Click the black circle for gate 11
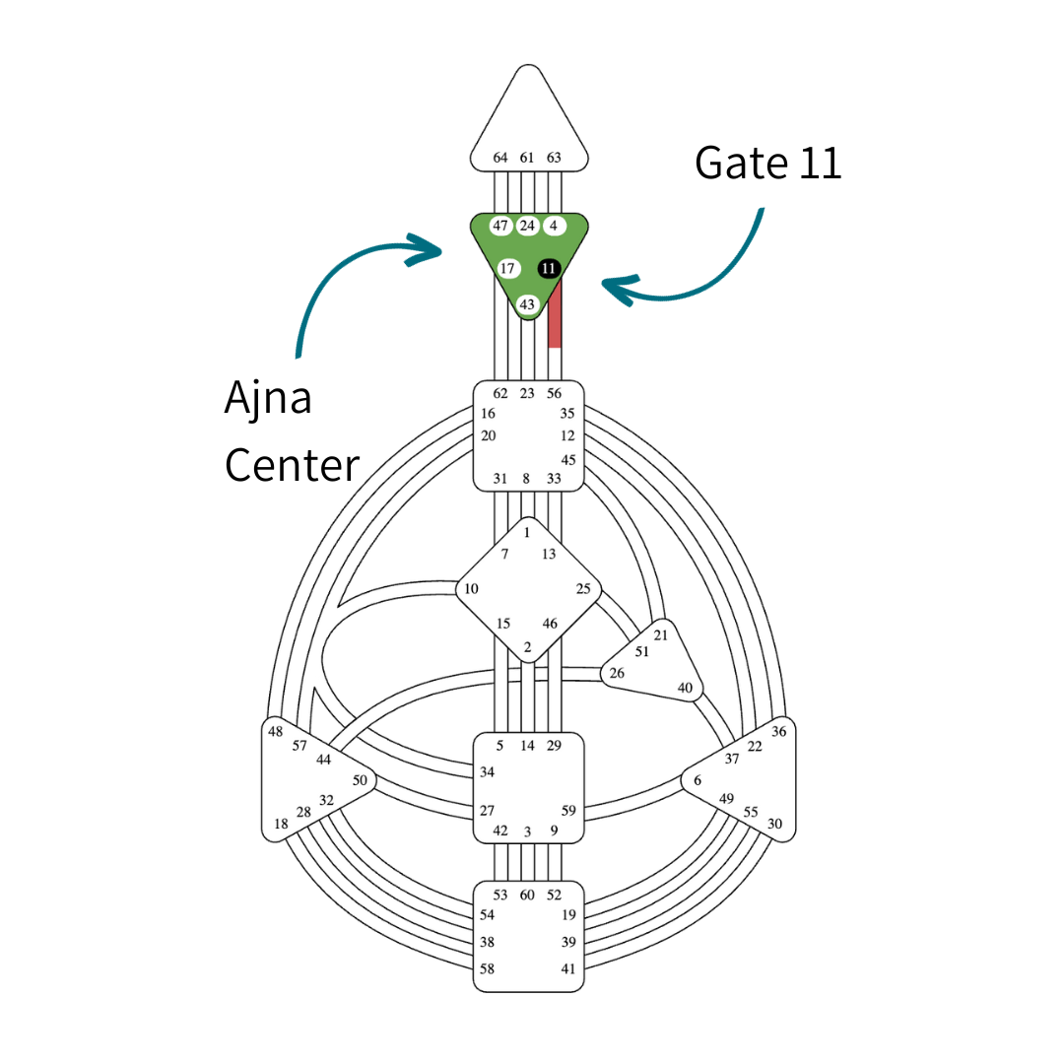pos(549,268)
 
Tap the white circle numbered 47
pos(500,226)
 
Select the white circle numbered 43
pos(528,304)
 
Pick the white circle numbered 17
pos(507,268)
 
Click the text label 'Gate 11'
pos(767,163)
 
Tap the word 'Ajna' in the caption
pos(268,398)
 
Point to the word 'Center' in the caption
pos(292,464)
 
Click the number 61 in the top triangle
pos(527,158)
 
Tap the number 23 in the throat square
pos(527,393)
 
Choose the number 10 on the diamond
pos(471,589)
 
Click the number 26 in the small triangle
pos(617,674)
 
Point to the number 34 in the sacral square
pos(487,772)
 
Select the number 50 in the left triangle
pos(360,780)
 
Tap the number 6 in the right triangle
pos(698,780)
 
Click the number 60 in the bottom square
pos(527,895)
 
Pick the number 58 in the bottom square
pos(487,969)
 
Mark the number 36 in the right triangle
pos(779,731)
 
